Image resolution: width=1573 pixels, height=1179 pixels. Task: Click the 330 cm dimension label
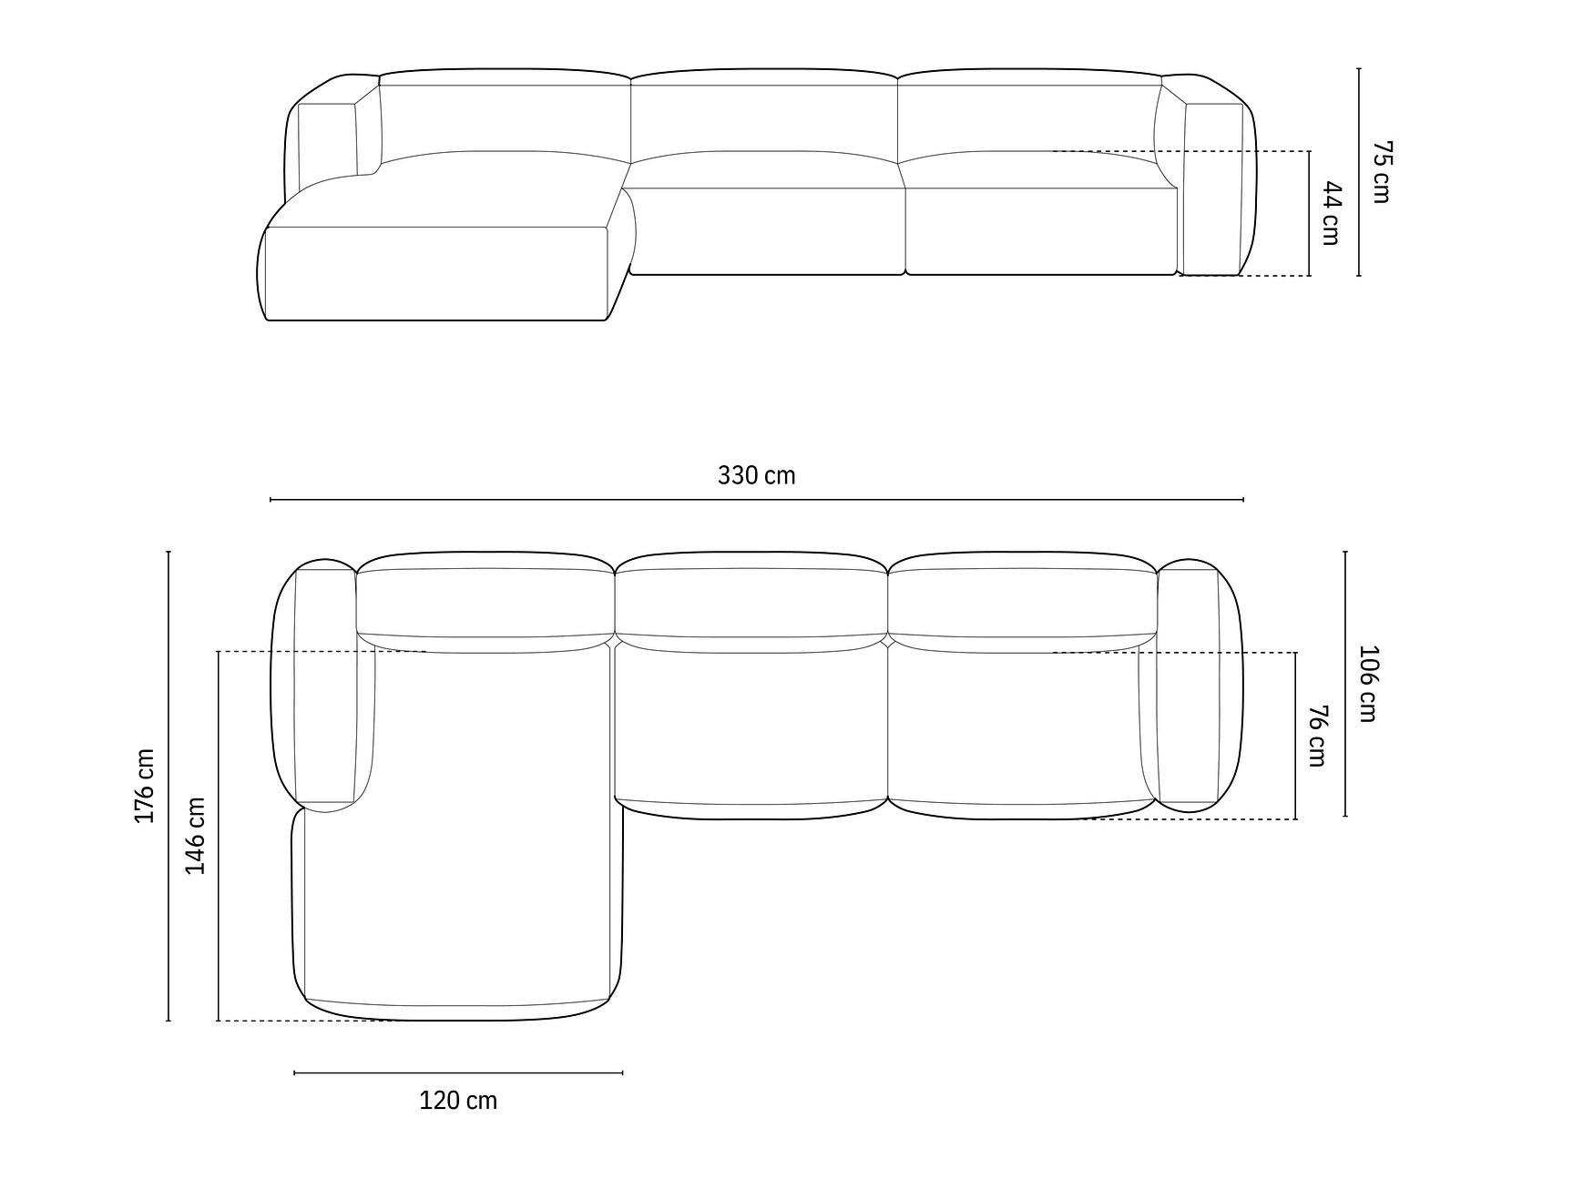756,475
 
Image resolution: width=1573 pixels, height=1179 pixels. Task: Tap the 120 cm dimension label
458,1101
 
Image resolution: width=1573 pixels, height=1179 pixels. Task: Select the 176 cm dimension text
145,786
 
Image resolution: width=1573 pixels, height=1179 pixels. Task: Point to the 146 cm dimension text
196,835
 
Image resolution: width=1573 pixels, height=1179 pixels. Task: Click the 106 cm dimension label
1367,683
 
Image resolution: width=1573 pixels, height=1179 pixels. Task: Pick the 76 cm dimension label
1316,736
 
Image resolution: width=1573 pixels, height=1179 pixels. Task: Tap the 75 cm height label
1382,171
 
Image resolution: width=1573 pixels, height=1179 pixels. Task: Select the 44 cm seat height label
1331,213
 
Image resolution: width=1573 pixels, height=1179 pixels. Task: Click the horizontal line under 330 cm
756,500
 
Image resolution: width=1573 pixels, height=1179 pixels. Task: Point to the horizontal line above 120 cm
458,1072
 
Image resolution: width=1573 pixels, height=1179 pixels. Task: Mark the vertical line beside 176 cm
169,786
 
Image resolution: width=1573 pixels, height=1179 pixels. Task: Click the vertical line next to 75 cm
1359,171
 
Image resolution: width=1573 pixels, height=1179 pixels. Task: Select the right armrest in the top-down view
1189,687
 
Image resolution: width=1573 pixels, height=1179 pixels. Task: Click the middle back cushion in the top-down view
751,601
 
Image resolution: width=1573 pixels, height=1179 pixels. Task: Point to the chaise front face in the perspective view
437,273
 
